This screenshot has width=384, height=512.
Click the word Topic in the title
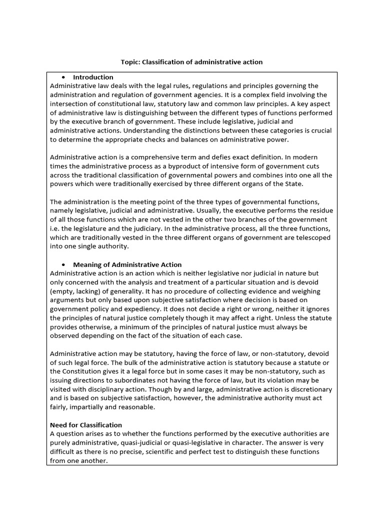(130, 62)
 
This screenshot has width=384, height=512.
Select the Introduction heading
(93, 77)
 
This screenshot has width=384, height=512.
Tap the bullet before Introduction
(64, 77)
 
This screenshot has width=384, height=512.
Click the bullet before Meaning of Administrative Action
(64, 265)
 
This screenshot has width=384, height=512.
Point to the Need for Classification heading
(86, 425)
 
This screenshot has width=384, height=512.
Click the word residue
(320, 211)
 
